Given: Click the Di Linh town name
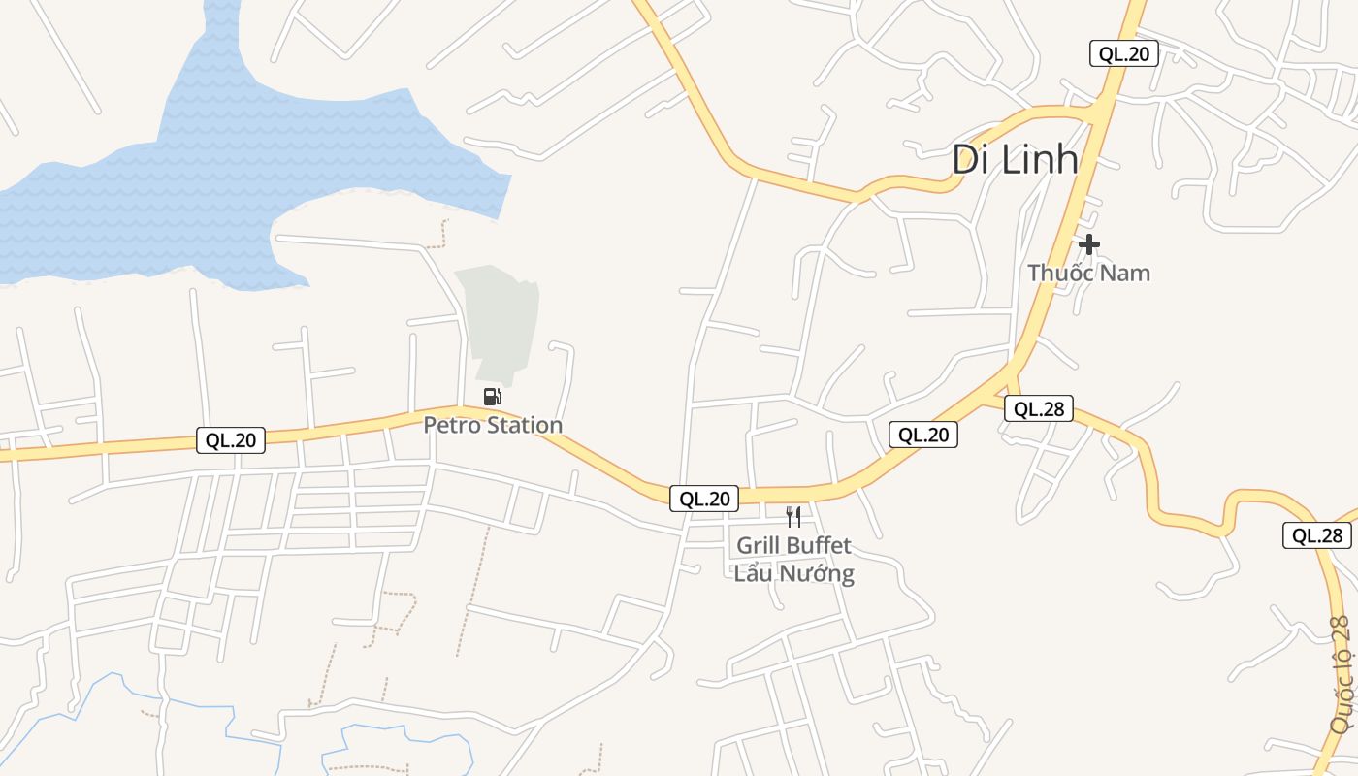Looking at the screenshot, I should pos(1015,160).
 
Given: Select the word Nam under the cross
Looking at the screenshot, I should pos(1125,274).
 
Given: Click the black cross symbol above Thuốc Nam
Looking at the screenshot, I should pos(1089,244).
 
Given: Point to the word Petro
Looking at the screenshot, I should pos(452,425).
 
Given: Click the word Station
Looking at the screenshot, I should pos(524,425).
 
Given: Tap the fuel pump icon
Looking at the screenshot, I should pos(493,396).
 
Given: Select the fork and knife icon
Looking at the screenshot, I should pos(793,516).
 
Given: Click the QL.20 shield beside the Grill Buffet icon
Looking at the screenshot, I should pos(704,499).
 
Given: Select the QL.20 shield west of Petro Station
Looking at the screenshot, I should pos(231,440).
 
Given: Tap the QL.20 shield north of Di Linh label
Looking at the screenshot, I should pos(1124,53).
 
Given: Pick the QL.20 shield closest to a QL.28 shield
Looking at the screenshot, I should pos(923,435).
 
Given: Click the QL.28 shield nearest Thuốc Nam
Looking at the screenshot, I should pos(1039,409).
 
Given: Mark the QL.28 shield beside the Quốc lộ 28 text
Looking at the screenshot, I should pos(1317,535).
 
